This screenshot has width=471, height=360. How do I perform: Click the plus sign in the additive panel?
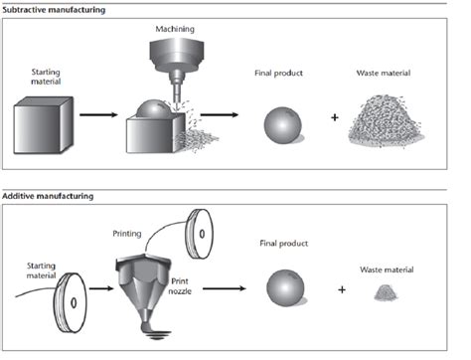[342, 291]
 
